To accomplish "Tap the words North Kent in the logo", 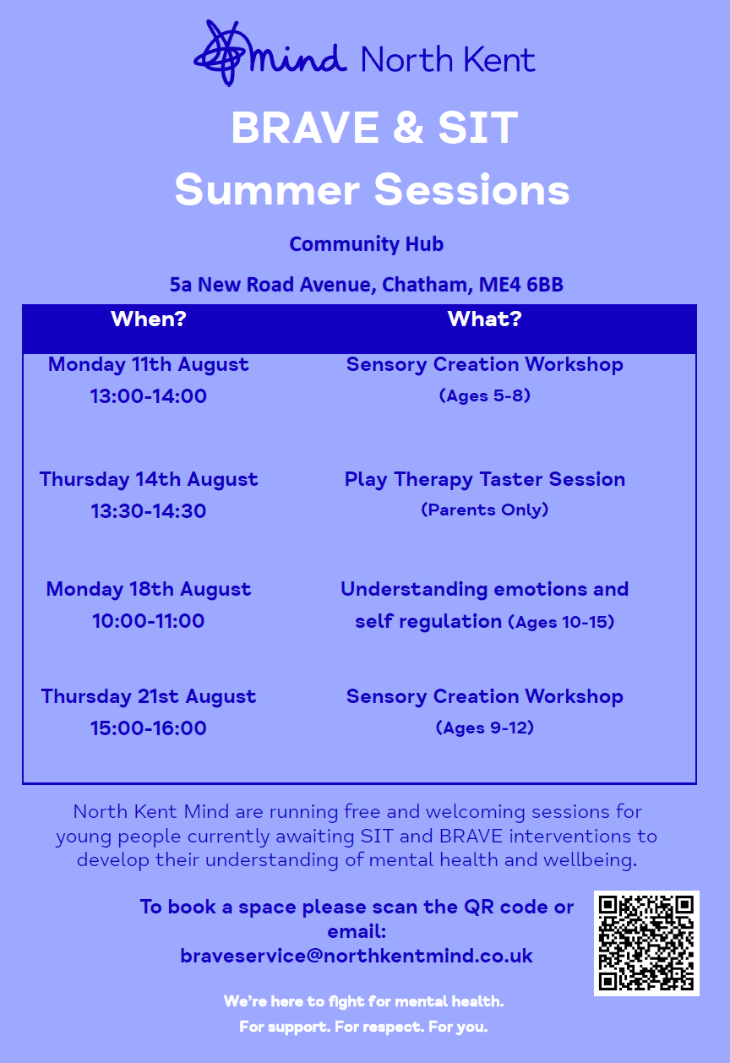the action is [x=448, y=60].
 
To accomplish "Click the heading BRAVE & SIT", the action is [x=374, y=128].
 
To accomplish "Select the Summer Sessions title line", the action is [x=372, y=189].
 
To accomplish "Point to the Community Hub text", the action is [x=367, y=244].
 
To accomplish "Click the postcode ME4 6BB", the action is [x=520, y=285].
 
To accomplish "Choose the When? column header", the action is [x=149, y=319].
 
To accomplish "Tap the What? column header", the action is [x=485, y=319].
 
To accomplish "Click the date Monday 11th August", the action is [x=148, y=365].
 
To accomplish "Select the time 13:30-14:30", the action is [x=149, y=511].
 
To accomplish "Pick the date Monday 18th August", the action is [x=148, y=590].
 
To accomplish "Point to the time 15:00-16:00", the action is [x=149, y=728].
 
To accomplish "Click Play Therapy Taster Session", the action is [x=485, y=479].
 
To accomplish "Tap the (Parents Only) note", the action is [x=485, y=510].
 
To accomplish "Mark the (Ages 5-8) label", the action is [x=485, y=395].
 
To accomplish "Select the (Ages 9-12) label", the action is [x=485, y=728].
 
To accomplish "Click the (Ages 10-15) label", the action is [x=561, y=622].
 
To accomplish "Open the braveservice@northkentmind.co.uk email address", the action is [x=357, y=956].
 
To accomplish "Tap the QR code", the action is [x=646, y=943].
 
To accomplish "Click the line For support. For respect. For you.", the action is [x=363, y=1027].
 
